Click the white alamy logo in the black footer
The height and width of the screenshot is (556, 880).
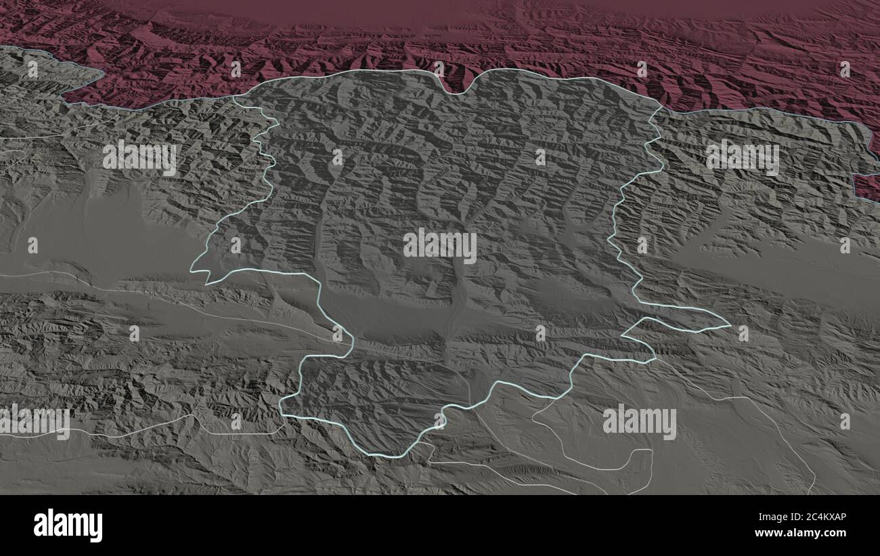(68, 526)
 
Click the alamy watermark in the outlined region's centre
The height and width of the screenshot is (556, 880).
(439, 246)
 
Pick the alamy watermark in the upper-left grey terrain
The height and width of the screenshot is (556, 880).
(139, 158)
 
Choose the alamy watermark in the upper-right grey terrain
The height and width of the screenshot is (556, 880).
(742, 157)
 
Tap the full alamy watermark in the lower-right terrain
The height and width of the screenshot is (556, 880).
(639, 421)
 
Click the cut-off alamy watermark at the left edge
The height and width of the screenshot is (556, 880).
(34, 421)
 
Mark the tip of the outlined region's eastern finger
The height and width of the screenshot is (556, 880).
(730, 326)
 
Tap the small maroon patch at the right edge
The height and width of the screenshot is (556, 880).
(868, 186)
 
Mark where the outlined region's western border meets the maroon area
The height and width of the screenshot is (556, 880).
(234, 97)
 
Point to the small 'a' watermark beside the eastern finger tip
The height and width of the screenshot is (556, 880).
(743, 333)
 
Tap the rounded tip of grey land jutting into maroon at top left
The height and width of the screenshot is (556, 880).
(100, 72)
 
